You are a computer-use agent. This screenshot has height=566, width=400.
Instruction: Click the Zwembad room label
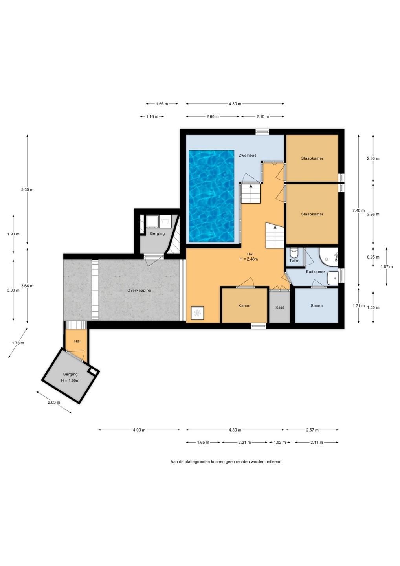pos(248,155)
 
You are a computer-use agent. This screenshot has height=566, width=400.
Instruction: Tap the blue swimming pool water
pos(211,196)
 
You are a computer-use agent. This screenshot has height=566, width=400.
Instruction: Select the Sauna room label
pos(316,305)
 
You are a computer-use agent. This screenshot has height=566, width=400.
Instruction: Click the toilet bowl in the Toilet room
pos(294,252)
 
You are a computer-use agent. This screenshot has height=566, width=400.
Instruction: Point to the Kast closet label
pos(279,307)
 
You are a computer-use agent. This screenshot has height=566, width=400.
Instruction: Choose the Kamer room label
pos(244,305)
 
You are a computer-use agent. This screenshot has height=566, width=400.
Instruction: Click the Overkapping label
pos(139,290)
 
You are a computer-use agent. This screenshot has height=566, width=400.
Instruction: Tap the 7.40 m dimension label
pos(359,211)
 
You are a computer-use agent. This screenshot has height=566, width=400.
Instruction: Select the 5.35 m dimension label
pos(27,190)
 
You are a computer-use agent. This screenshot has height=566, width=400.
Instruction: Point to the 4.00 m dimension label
pos(139,430)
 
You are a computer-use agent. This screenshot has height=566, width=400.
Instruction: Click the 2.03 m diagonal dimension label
pos(54,402)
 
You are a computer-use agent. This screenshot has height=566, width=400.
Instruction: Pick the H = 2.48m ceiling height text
pos(248,259)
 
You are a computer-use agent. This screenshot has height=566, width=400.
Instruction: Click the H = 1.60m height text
pos(70,380)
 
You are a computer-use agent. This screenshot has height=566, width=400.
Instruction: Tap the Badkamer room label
pos(316,272)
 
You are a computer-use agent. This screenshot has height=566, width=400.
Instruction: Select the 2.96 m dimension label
pos(373,214)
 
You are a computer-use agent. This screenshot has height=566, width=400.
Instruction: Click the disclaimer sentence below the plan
pos(226,461)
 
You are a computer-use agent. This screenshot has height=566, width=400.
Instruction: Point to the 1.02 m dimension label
pos(279,443)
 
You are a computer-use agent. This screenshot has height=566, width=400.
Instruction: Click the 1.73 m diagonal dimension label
pos(18,343)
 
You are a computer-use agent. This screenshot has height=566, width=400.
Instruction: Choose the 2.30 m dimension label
pos(373,158)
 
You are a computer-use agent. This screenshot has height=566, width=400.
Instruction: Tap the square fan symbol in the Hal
pos(198,313)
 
